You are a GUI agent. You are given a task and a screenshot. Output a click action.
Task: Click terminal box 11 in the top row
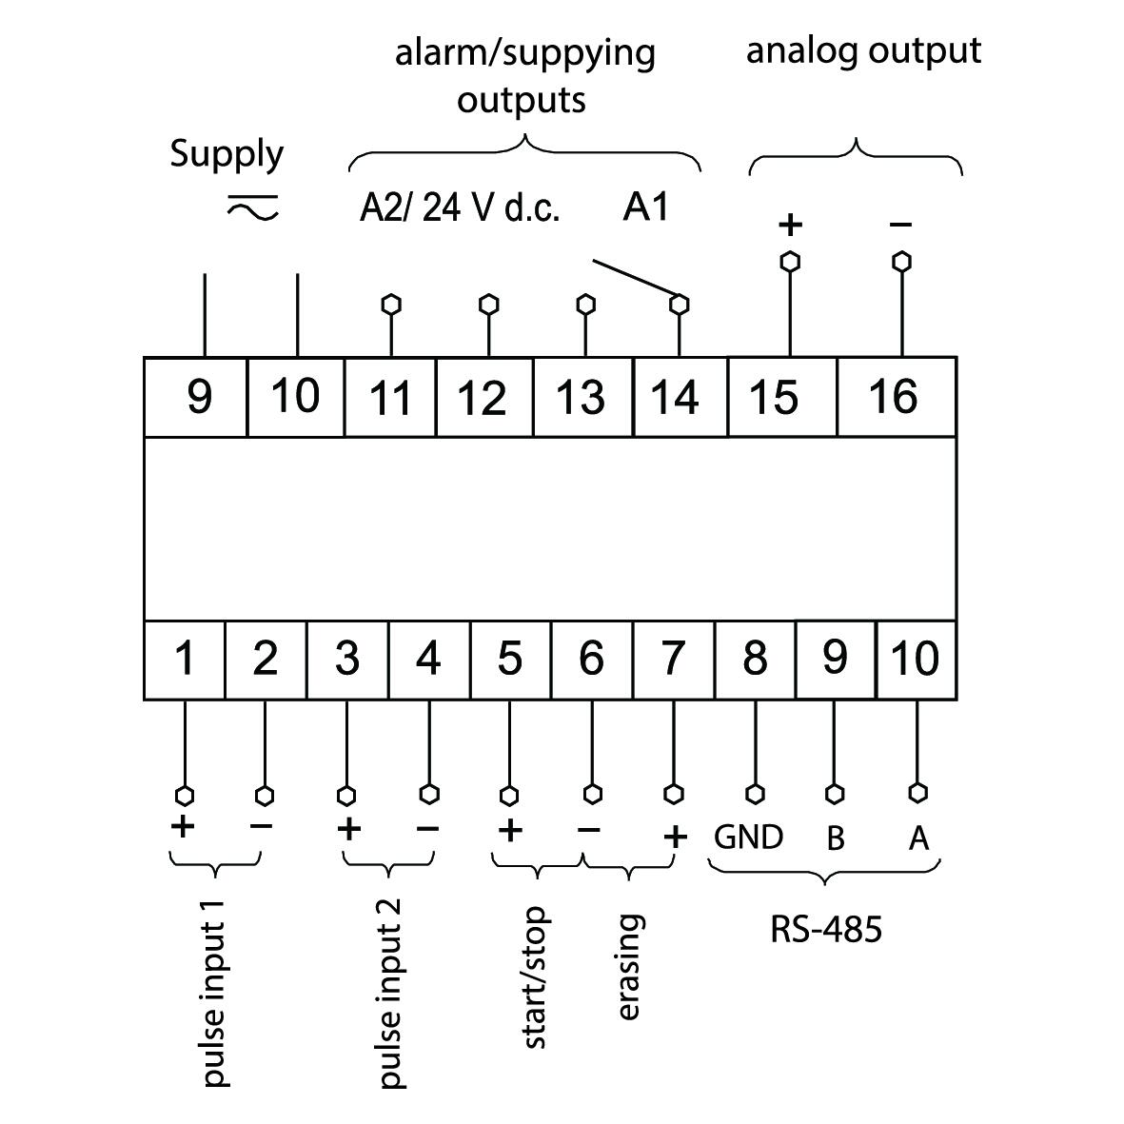pyautogui.click(x=390, y=397)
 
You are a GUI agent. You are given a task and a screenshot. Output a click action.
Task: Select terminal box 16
pyautogui.click(x=896, y=396)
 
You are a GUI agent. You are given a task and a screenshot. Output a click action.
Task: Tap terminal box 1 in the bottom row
pyautogui.click(x=185, y=660)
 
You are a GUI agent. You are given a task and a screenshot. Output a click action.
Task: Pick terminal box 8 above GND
pyautogui.click(x=755, y=660)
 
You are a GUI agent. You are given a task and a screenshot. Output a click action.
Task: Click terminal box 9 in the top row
pyautogui.click(x=197, y=397)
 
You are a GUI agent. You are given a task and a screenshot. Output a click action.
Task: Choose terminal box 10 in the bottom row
pyautogui.click(x=916, y=659)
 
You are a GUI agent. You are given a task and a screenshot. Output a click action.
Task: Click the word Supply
pyautogui.click(x=227, y=154)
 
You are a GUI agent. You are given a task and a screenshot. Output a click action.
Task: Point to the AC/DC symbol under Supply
pyautogui.click(x=252, y=207)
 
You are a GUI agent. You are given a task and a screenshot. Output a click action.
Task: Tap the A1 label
pyautogui.click(x=646, y=207)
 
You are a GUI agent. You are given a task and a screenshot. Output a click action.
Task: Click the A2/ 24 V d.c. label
pyautogui.click(x=460, y=207)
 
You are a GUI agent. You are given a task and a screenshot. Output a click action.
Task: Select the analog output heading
pyautogui.click(x=863, y=51)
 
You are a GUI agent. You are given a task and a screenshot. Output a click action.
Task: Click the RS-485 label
pyautogui.click(x=825, y=929)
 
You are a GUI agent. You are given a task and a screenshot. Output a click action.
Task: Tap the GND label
pyautogui.click(x=749, y=838)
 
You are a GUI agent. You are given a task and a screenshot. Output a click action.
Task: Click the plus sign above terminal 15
pyautogui.click(x=790, y=225)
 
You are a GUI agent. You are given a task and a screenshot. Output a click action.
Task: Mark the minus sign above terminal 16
pyautogui.click(x=900, y=225)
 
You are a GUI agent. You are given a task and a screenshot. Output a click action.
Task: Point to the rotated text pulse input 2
pyautogui.click(x=391, y=992)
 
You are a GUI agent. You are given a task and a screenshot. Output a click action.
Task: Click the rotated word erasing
pyautogui.click(x=629, y=967)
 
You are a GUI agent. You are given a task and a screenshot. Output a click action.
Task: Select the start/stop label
pyautogui.click(x=535, y=977)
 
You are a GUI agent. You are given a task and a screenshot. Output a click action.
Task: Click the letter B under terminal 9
pyautogui.click(x=835, y=838)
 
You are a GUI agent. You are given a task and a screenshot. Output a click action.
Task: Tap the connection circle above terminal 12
pyautogui.click(x=488, y=305)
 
